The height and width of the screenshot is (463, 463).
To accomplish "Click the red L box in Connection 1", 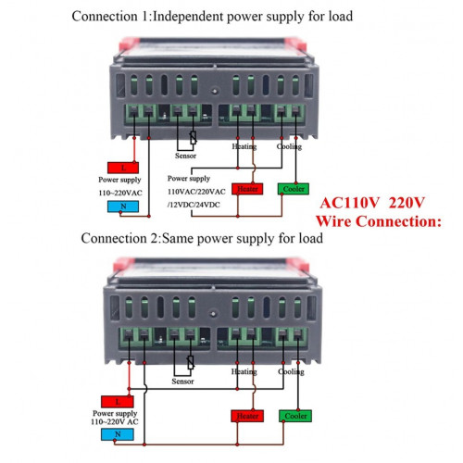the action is [123, 168].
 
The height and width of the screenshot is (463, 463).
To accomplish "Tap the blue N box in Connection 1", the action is [123, 206].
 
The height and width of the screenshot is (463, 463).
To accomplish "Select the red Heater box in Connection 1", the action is [247, 189].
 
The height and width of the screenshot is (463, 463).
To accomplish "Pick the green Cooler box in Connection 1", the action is [294, 189].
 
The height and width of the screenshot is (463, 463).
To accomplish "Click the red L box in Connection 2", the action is [118, 402].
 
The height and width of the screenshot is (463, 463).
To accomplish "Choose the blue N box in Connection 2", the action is [118, 434].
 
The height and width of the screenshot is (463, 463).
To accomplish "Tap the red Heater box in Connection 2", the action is [247, 416].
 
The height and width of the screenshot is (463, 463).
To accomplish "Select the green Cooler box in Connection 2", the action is [295, 416].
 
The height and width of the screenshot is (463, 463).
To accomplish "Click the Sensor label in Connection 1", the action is [185, 156].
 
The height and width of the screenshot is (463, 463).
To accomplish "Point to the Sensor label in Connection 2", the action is [182, 382].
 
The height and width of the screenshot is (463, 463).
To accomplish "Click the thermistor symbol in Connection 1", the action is [194, 138].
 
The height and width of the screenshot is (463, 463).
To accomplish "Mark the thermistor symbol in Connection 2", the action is [191, 363].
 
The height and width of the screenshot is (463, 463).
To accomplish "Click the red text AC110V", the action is [349, 203].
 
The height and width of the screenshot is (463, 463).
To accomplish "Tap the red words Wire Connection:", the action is [379, 221].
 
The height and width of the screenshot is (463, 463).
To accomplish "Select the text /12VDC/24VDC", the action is [194, 205].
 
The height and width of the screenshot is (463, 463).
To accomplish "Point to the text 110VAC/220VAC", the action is [196, 192].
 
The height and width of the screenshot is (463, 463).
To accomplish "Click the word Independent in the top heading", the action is [188, 17].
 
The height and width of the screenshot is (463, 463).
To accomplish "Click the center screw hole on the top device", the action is [215, 92].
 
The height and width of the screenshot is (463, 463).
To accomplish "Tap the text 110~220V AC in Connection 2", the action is [115, 421].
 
